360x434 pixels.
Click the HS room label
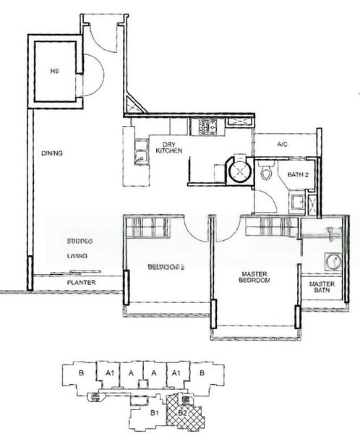[53, 72]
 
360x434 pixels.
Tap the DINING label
[52, 153]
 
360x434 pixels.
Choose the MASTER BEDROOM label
[254, 276]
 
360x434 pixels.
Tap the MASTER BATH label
[322, 288]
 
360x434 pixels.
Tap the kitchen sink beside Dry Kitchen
[138, 153]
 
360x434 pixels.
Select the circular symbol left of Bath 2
[236, 171]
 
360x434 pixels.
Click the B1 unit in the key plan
[155, 414]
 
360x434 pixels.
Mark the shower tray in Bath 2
[297, 203]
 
